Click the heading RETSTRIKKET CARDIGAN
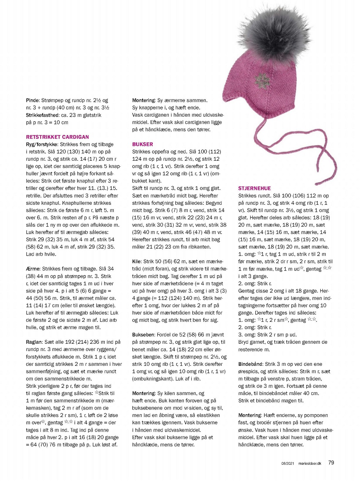[57, 137]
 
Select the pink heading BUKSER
[143, 144]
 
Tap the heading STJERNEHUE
[255, 188]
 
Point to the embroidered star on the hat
[261, 78]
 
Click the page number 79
[331, 463]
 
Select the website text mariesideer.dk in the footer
[309, 464]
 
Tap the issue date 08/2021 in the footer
[288, 464]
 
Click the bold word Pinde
[32, 100]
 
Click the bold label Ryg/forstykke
[42, 144]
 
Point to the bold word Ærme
[33, 269]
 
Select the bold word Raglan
[34, 342]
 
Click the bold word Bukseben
[143, 335]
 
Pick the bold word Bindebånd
[250, 364]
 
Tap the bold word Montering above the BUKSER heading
[143, 100]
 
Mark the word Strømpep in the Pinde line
[53, 100]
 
